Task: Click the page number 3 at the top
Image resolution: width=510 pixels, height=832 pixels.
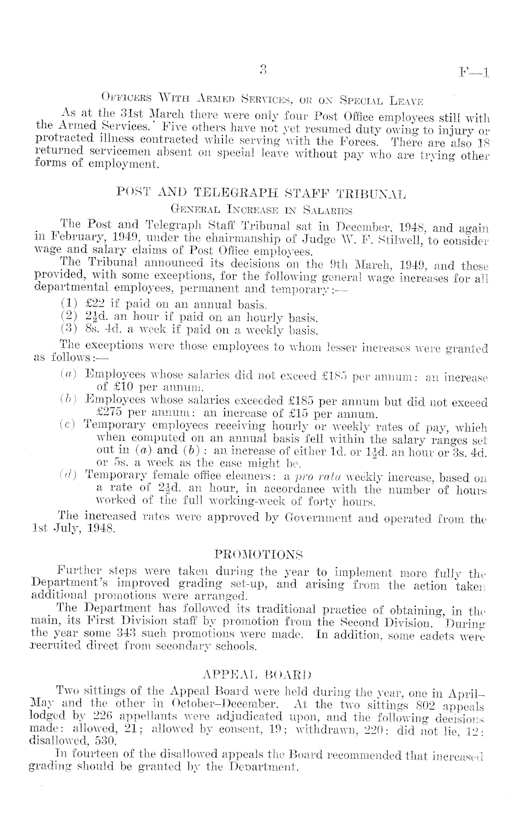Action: [263, 70]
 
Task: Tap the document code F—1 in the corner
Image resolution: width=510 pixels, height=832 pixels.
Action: [474, 72]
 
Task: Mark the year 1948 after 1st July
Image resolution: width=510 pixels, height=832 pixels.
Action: [101, 530]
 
